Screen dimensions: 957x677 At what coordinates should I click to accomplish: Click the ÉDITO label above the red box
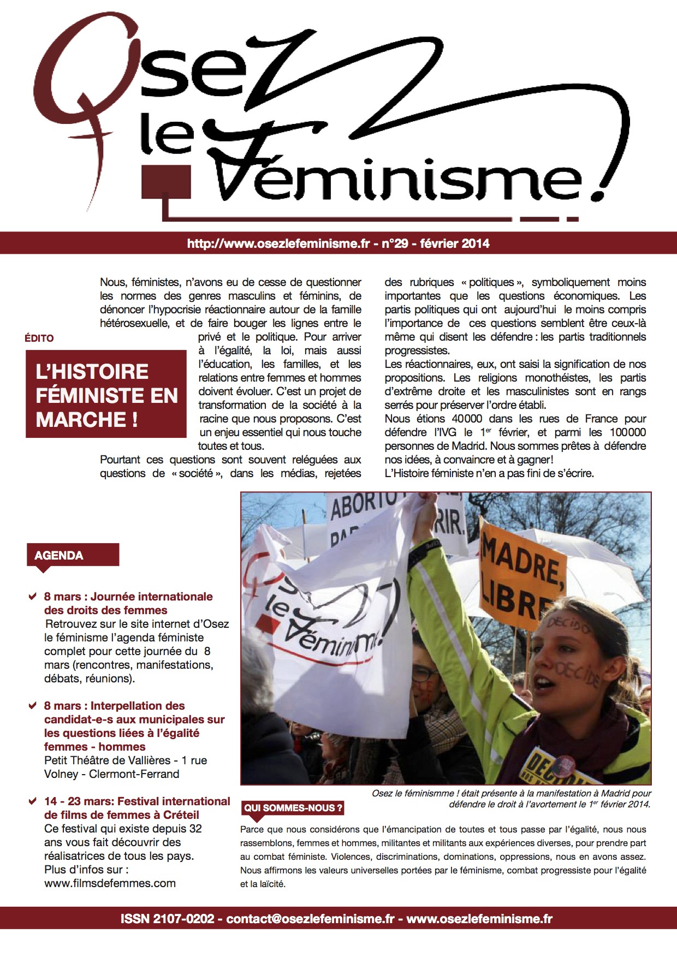click(39, 338)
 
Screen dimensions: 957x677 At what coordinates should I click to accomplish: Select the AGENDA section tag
click(59, 556)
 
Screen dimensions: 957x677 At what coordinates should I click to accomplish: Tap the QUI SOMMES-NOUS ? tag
click(293, 808)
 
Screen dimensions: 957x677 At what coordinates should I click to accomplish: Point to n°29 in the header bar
click(395, 244)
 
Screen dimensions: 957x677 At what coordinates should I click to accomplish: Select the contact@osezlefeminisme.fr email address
click(310, 919)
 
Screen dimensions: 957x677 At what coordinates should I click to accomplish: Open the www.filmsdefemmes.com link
click(110, 883)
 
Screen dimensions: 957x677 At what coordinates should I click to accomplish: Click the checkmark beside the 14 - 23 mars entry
click(33, 801)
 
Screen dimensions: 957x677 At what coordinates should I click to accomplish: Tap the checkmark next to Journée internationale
click(33, 597)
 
